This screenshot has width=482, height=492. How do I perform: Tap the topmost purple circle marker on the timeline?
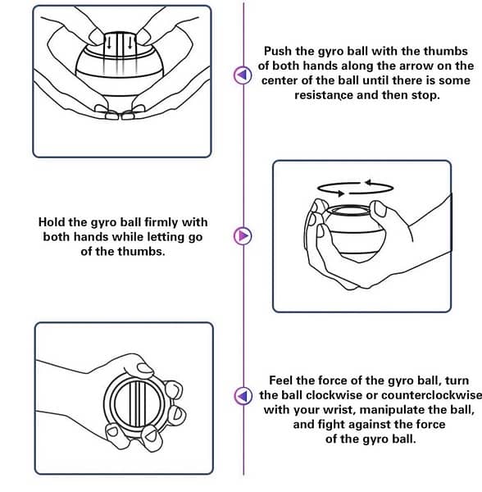click(243, 75)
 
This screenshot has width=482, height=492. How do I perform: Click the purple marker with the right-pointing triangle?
click(243, 235)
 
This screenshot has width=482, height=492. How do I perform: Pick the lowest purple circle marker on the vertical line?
click(243, 396)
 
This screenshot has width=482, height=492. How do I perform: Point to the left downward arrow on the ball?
click(109, 43)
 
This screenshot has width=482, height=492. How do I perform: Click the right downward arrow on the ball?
click(130, 43)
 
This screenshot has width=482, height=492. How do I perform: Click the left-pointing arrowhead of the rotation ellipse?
click(368, 182)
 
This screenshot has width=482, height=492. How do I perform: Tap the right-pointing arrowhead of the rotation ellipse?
click(341, 194)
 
